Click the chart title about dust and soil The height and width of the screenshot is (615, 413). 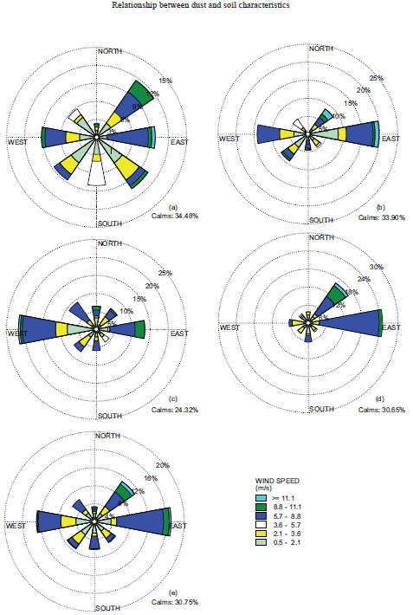tap(206, 5)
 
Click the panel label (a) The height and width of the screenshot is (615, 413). tap(173, 206)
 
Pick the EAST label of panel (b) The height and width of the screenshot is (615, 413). tap(390, 139)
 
